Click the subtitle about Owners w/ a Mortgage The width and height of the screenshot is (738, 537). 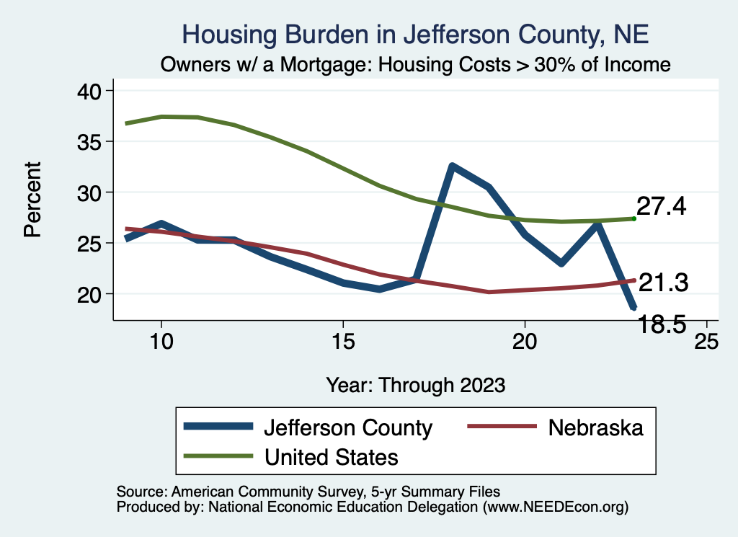(416, 65)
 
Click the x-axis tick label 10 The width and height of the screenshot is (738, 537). (161, 342)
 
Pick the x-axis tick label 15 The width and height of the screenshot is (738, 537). (343, 342)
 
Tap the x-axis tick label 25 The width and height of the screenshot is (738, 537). (706, 342)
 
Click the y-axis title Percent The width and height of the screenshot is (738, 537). (32, 200)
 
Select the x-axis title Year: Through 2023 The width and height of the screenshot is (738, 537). (416, 384)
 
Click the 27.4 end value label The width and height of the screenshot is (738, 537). (662, 207)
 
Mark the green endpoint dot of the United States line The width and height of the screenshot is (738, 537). (633, 218)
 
